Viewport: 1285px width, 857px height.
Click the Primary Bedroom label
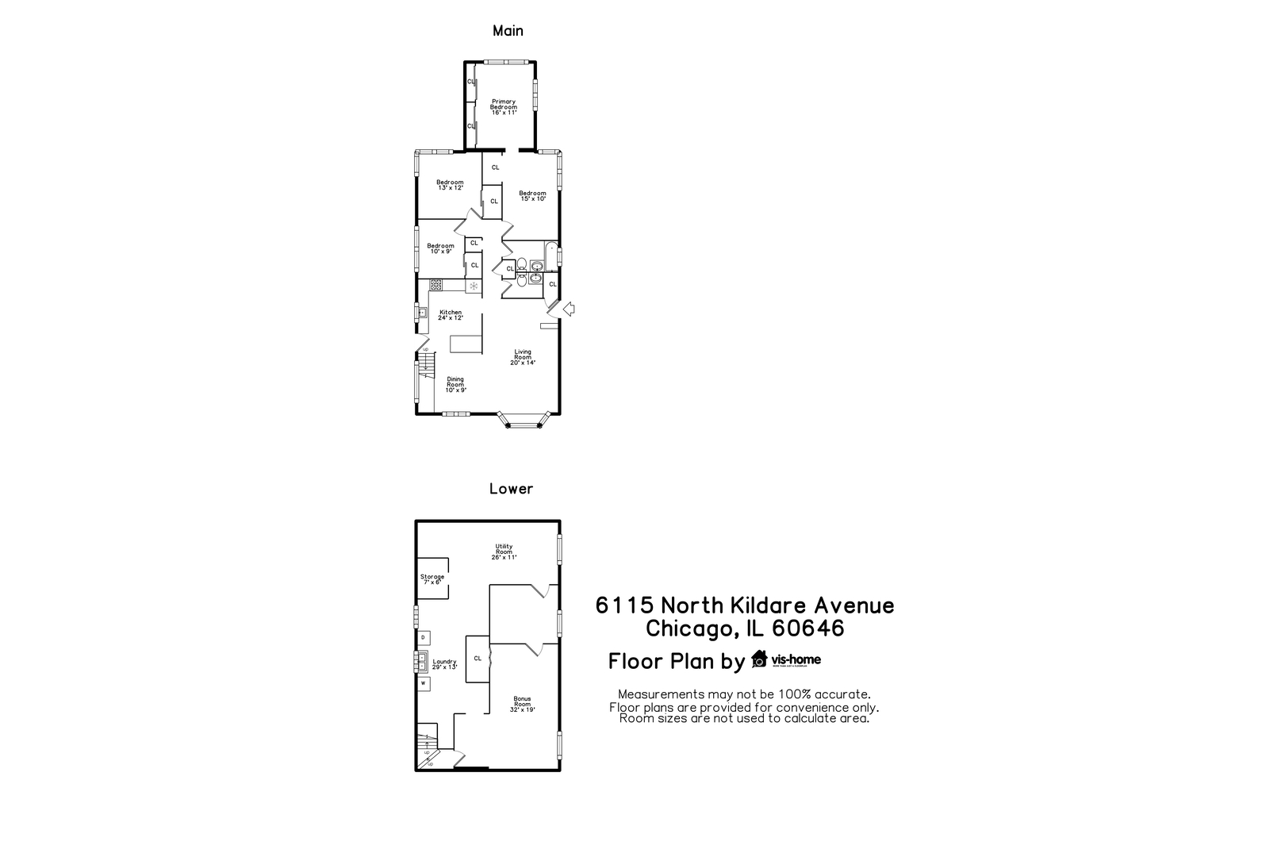[x=503, y=107]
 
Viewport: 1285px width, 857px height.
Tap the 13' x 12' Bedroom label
[x=450, y=185]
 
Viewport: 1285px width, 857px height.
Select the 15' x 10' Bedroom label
[x=532, y=195]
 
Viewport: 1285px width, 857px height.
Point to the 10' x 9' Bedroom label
[x=440, y=248]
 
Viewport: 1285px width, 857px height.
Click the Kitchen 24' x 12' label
[x=450, y=315]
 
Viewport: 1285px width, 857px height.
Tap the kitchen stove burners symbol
[x=436, y=284]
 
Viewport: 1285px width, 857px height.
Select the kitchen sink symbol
[x=421, y=313]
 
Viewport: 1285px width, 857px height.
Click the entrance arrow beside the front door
[x=568, y=309]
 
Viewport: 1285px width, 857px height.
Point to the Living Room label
[x=523, y=357]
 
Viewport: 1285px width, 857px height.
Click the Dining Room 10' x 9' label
[x=455, y=384]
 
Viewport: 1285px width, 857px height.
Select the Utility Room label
[x=504, y=551]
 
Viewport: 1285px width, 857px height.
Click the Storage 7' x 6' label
[x=432, y=579]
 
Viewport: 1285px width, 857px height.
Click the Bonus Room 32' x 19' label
[x=522, y=704]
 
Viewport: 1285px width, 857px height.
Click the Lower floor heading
[x=511, y=489]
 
